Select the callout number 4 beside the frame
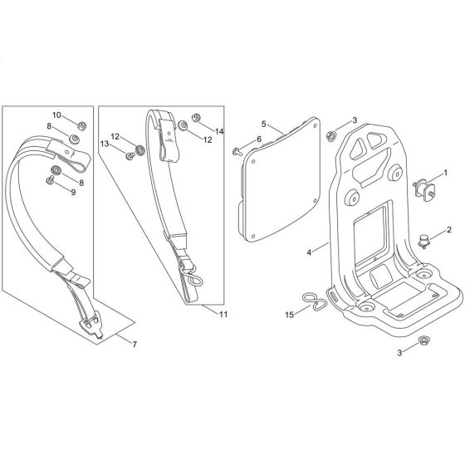click(x=310, y=251)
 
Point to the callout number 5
click(x=263, y=123)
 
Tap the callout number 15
click(x=290, y=315)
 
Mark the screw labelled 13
click(x=130, y=155)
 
